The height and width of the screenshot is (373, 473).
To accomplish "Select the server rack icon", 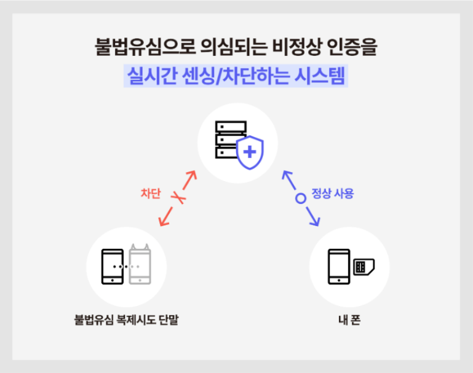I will click(x=230, y=141).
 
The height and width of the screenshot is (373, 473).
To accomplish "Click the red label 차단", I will click(x=150, y=194).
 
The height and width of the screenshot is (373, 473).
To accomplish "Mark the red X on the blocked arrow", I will click(x=178, y=198).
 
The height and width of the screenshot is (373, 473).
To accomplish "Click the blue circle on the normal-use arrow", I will click(x=301, y=198).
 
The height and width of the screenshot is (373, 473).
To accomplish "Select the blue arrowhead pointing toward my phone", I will click(x=316, y=221).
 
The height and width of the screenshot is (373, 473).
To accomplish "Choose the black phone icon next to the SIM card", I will click(x=339, y=267).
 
